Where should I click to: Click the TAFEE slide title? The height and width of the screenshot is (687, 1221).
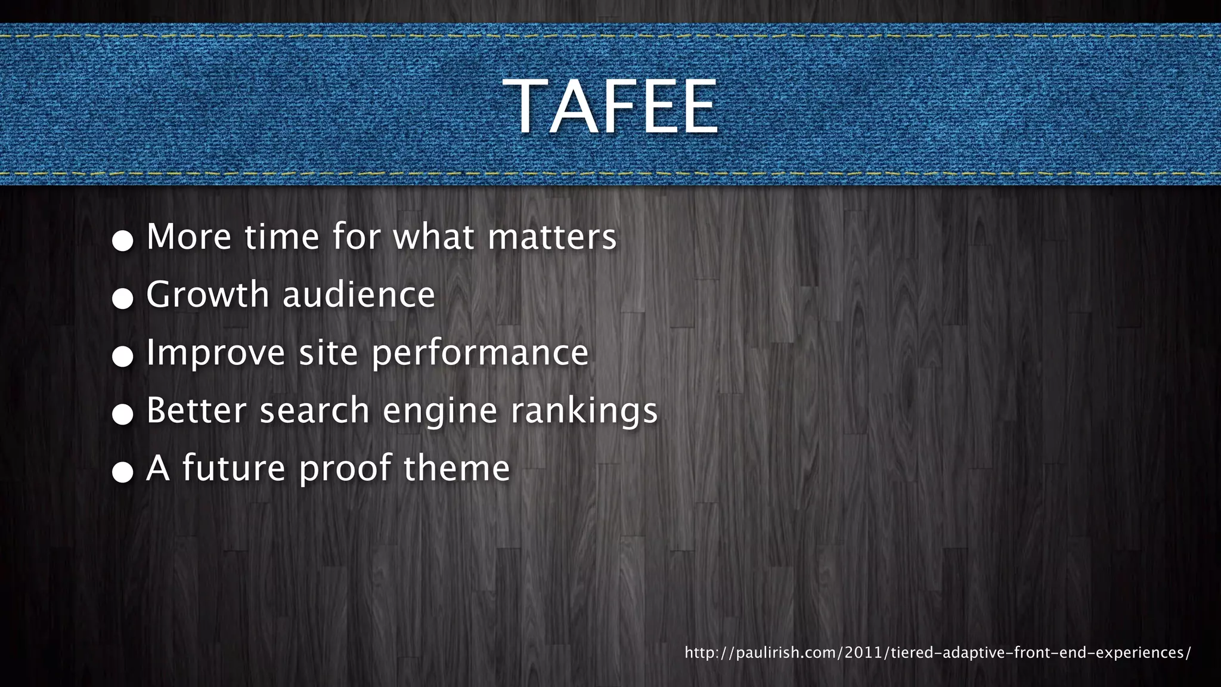tap(610, 107)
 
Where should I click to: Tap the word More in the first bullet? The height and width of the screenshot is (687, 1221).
tap(188, 237)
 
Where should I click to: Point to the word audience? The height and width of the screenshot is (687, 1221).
tap(359, 295)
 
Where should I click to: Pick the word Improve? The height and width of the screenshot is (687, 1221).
tap(216, 352)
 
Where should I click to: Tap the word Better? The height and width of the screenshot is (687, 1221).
tap(196, 410)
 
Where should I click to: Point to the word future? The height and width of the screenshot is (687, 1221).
tap(234, 468)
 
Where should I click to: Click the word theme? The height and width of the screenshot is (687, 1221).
tap(457, 468)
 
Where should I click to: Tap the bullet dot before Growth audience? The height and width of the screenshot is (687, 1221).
tap(123, 299)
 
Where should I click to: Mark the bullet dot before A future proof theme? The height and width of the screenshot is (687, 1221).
tap(123, 472)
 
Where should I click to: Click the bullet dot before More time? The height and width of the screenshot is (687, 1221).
tap(123, 241)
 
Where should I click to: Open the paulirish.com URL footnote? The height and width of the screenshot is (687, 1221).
tap(937, 652)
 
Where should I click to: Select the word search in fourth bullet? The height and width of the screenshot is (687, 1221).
tap(315, 410)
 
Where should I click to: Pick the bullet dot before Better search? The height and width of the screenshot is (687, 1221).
tap(123, 414)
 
